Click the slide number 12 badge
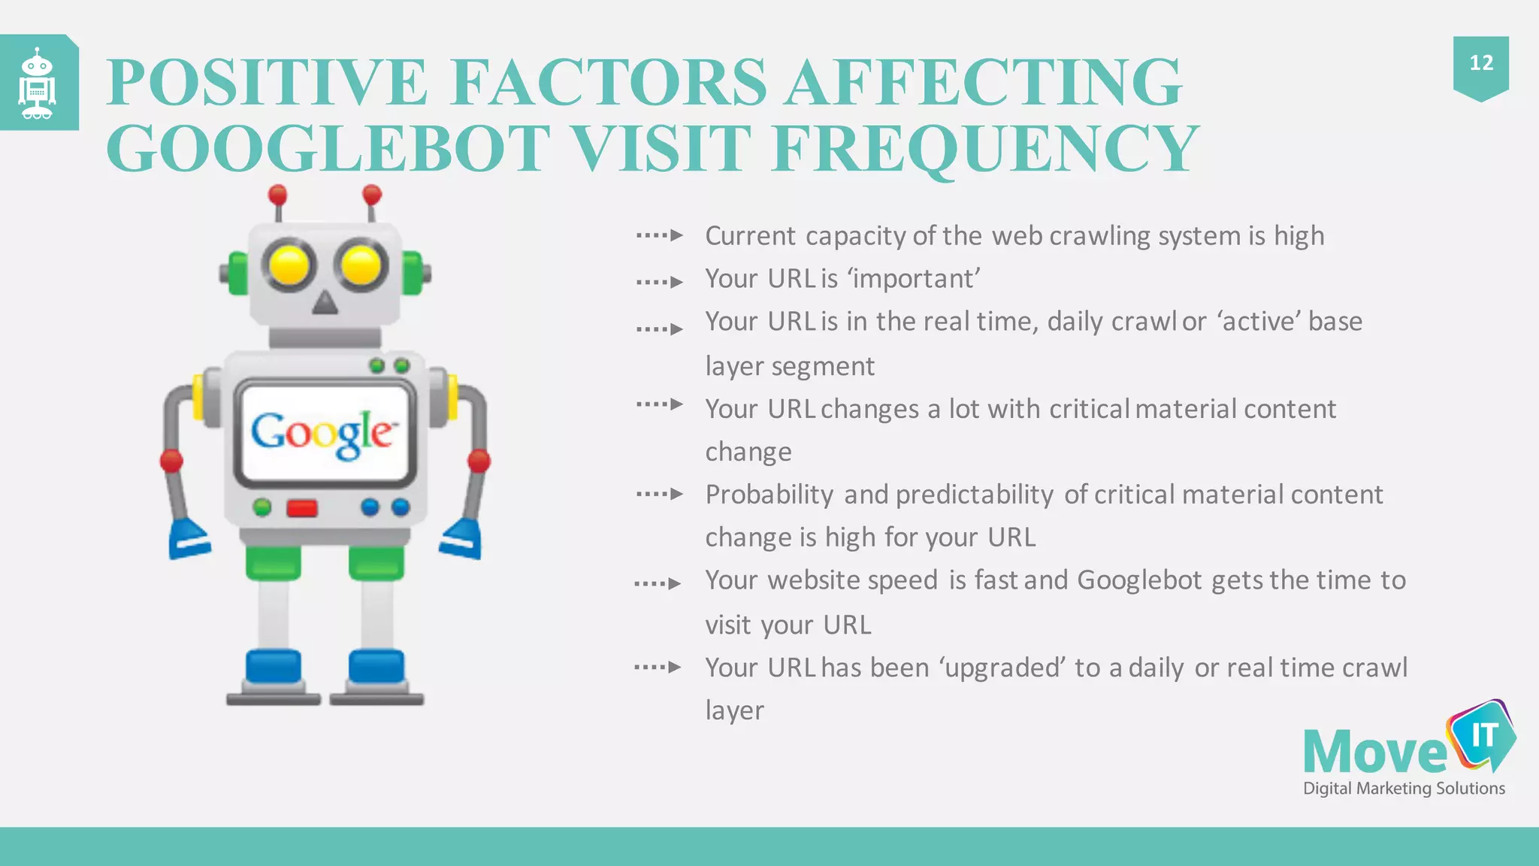[1480, 64]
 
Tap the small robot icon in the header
[37, 83]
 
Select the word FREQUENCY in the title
[984, 148]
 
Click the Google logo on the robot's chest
[323, 434]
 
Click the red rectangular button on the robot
[302, 509]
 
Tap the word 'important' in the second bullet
[914, 279]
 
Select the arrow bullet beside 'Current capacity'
[659, 235]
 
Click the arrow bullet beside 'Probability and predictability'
[659, 494]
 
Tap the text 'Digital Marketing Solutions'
[1404, 789]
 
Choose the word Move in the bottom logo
[1374, 752]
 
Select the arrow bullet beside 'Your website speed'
[658, 583]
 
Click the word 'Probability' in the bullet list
[769, 495]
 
